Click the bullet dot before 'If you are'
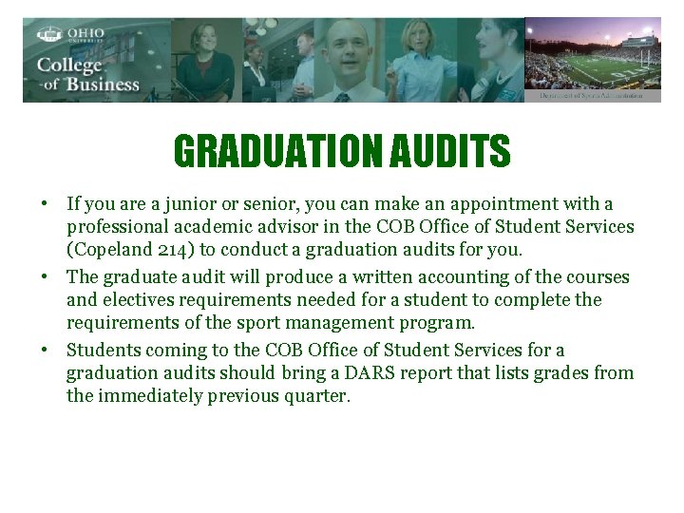point(45,204)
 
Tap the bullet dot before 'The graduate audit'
point(45,277)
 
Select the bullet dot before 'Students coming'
point(45,350)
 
